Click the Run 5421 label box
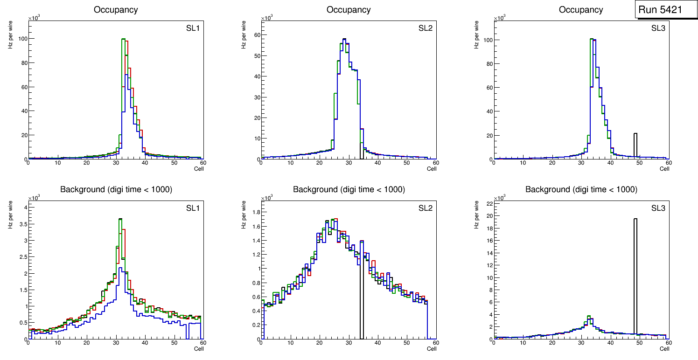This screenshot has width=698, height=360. click(x=666, y=9)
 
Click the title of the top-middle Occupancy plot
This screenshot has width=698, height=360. click(x=349, y=9)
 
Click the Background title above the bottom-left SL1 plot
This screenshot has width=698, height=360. click(x=116, y=189)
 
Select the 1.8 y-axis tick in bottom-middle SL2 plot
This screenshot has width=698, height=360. click(x=253, y=212)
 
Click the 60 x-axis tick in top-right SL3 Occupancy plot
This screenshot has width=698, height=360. click(x=668, y=163)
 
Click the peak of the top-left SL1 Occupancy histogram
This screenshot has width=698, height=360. click(x=124, y=39)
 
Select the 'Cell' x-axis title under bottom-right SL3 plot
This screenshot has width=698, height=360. click(x=664, y=348)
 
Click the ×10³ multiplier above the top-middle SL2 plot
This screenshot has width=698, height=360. click(x=266, y=18)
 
